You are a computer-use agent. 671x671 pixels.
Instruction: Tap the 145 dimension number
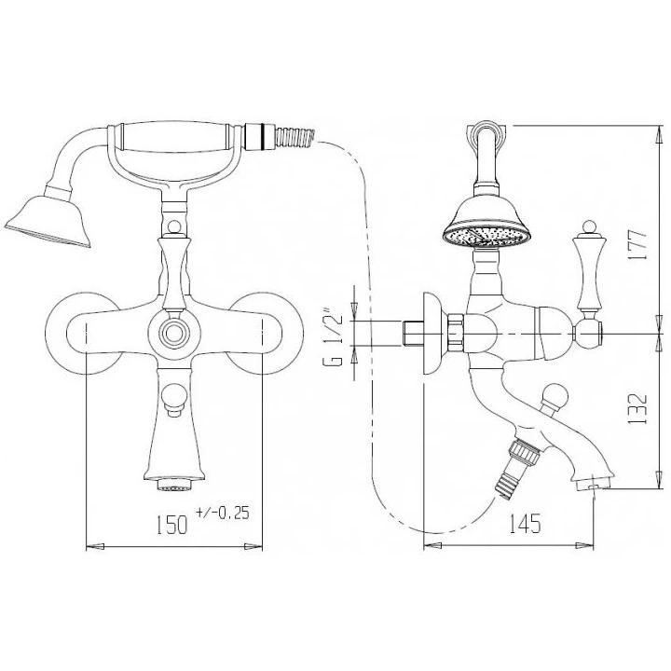pyautogui.click(x=525, y=524)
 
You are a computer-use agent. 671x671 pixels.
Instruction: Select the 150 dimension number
pyautogui.click(x=171, y=525)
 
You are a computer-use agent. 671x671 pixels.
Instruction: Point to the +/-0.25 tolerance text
pyautogui.click(x=223, y=513)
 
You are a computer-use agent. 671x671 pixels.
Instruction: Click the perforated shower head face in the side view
pyautogui.click(x=486, y=236)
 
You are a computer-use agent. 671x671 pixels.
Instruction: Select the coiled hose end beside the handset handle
pyautogui.click(x=295, y=136)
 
